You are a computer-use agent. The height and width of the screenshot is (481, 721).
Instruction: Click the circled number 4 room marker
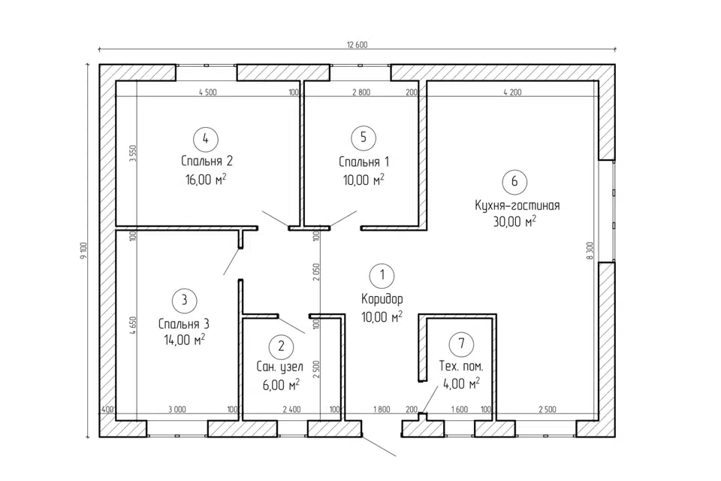coord(206,138)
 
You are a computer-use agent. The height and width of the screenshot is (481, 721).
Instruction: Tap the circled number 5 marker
coord(364,138)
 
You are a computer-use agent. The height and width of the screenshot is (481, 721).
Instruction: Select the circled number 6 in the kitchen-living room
coord(514,181)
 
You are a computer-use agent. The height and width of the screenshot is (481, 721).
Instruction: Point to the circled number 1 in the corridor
coord(382,275)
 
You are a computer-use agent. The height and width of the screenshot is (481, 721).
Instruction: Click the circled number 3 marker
coord(185,301)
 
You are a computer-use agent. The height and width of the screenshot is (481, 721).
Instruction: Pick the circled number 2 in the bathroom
coord(281,346)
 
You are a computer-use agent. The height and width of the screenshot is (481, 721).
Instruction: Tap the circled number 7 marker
coord(461,343)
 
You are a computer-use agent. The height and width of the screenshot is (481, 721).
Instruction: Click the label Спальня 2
coord(207,161)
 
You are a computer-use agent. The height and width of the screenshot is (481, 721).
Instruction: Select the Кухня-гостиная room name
coord(517,205)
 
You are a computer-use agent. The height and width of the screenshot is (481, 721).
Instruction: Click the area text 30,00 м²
coord(514,222)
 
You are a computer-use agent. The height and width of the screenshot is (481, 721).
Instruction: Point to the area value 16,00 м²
coord(206,179)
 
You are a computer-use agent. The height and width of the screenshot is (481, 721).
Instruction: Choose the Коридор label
coord(382,299)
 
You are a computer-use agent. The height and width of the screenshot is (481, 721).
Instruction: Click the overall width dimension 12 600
coord(357,44)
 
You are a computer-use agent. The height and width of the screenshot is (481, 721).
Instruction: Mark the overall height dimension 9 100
coord(83,251)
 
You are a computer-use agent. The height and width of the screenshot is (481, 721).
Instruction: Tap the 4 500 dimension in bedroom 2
coord(208,92)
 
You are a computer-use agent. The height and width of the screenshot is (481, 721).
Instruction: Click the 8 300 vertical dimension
coord(590,251)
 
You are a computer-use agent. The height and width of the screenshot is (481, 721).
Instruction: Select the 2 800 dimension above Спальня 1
coord(361,92)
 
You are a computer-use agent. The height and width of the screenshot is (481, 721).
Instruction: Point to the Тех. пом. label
coord(461,367)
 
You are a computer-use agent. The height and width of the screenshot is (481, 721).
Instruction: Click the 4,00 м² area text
coord(461,383)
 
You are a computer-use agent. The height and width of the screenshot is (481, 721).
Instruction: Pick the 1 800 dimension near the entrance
coord(382,409)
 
